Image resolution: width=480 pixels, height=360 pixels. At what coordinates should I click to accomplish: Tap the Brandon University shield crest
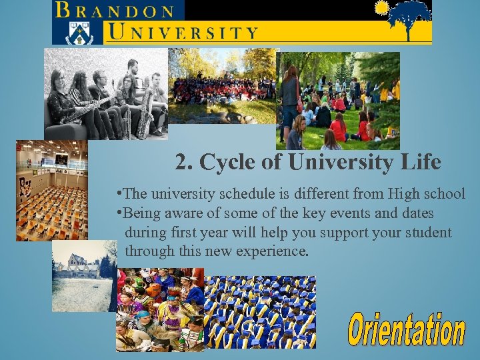click(79, 31)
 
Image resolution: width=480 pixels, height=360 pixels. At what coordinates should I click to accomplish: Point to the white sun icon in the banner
click(381, 8)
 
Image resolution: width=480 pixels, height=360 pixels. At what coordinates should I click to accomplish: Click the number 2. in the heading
click(184, 161)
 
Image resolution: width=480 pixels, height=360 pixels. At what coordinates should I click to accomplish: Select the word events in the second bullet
click(346, 213)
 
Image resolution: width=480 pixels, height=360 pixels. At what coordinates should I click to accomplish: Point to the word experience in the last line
click(269, 252)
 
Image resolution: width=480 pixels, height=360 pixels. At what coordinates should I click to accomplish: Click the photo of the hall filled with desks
click(51, 190)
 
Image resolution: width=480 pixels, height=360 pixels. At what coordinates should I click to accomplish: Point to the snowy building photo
click(83, 275)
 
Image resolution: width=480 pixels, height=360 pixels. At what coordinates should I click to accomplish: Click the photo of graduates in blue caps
click(260, 312)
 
